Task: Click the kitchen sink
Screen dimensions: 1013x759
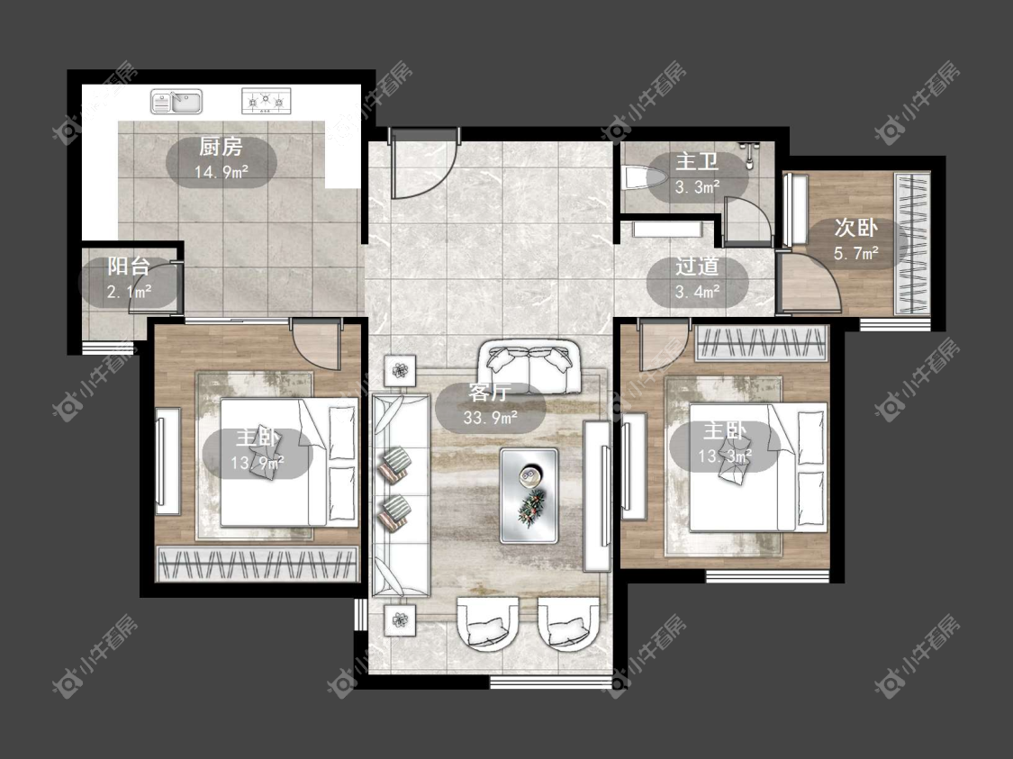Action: pyautogui.click(x=176, y=102)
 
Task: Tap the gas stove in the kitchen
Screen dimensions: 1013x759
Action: pyautogui.click(x=267, y=101)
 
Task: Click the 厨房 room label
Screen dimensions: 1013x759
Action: pyautogui.click(x=221, y=148)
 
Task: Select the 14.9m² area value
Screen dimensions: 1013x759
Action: pyautogui.click(x=222, y=172)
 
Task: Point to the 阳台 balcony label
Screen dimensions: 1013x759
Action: pyautogui.click(x=129, y=267)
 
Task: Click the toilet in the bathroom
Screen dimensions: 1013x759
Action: pyautogui.click(x=642, y=177)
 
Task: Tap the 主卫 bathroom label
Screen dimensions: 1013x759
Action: pyautogui.click(x=697, y=161)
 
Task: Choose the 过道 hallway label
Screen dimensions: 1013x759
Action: pyautogui.click(x=697, y=267)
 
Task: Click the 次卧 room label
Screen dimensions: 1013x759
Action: pyautogui.click(x=855, y=228)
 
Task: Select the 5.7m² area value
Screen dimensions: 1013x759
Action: pyautogui.click(x=855, y=253)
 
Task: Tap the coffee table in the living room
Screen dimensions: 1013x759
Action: pyautogui.click(x=529, y=495)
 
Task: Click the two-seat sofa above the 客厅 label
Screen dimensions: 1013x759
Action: pyautogui.click(x=529, y=367)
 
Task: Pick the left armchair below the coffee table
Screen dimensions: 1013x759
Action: pyautogui.click(x=488, y=623)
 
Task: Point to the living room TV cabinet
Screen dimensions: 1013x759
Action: pyautogui.click(x=597, y=495)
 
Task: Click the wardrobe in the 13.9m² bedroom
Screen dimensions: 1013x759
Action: pyautogui.click(x=258, y=565)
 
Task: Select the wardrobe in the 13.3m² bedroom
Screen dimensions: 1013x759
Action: pyautogui.click(x=762, y=343)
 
